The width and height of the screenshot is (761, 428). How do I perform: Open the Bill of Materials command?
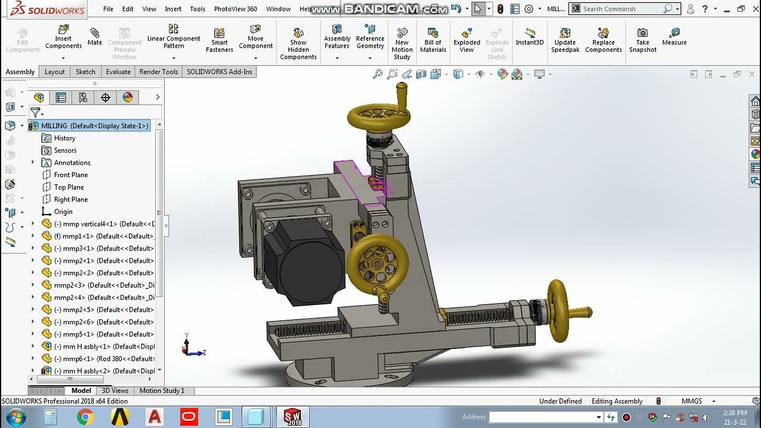(x=433, y=39)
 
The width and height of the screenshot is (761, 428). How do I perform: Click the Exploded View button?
(x=467, y=39)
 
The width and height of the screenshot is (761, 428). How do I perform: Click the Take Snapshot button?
(x=643, y=39)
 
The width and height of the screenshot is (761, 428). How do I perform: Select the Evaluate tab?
(x=118, y=72)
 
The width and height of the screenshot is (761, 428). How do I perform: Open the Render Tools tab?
(x=159, y=72)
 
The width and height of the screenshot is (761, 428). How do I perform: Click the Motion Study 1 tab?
(x=162, y=391)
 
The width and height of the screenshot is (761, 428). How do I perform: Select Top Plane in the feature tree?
(x=68, y=187)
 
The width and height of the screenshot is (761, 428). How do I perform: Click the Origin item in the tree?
(x=63, y=212)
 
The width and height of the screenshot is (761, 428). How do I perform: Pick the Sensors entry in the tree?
(x=65, y=150)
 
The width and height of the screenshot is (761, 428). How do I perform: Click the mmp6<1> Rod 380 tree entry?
(x=104, y=358)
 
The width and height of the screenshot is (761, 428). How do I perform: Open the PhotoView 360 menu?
(x=235, y=9)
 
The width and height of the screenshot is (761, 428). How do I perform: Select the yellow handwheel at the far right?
(x=559, y=310)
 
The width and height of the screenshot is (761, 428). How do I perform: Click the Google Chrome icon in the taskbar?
(x=85, y=417)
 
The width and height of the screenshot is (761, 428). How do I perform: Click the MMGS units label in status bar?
(x=691, y=401)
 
